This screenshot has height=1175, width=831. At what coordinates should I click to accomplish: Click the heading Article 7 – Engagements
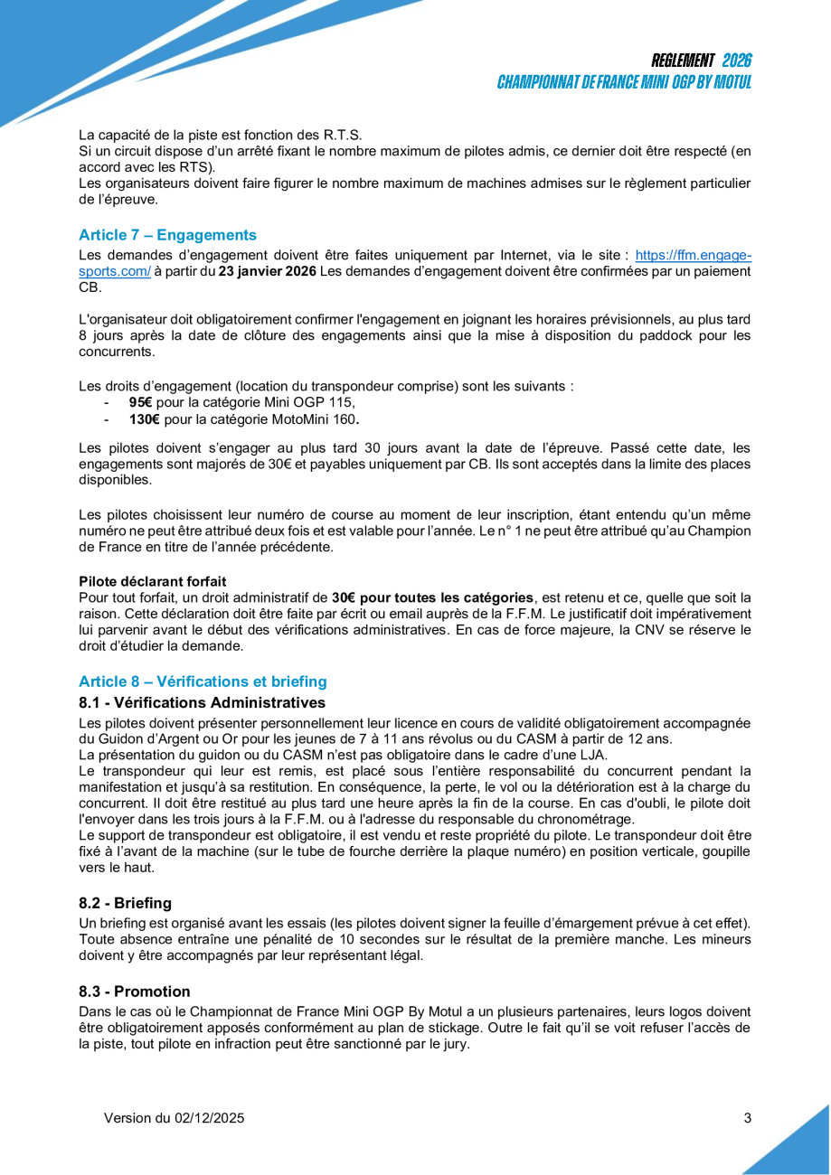coord(167,235)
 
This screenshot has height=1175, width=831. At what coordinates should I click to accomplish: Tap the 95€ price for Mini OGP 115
coord(140,403)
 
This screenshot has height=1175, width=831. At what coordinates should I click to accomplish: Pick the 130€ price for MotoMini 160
coord(145,419)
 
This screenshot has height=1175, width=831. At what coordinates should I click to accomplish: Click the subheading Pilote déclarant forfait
coord(152,580)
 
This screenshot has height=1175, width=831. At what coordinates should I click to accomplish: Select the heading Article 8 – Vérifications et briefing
coord(203,681)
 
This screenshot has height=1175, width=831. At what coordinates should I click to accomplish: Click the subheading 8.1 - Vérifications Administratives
coord(202,702)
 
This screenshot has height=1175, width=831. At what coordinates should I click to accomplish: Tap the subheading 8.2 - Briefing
coord(125,903)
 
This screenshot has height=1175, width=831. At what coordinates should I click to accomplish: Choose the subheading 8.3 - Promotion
coord(135,992)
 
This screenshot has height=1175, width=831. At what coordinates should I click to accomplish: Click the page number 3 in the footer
coord(747,1118)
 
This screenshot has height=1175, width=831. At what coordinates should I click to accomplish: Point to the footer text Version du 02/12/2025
coord(175,1118)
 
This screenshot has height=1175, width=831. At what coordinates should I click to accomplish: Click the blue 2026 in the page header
coord(737,61)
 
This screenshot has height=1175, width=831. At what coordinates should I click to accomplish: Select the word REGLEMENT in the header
coord(683,61)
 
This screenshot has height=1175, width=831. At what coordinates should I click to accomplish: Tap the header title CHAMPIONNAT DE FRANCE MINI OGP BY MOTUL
coord(624,81)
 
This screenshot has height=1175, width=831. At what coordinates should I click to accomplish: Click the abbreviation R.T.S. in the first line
coord(338,136)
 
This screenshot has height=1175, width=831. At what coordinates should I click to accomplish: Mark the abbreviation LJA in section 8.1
coord(595,755)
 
